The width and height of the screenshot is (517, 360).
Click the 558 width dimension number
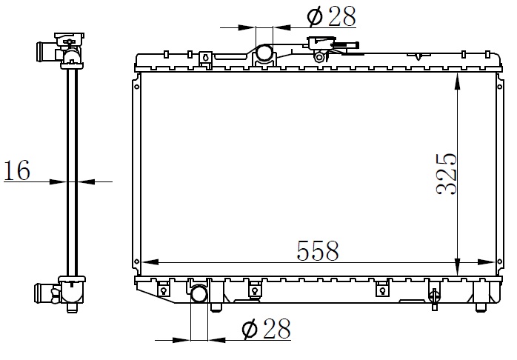pos(318,251)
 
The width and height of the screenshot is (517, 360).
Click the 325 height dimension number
pos(447,174)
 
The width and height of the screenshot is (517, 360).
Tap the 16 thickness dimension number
pos(17,170)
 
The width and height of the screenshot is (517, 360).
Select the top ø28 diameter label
pos(331,16)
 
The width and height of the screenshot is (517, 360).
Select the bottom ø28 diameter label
pos(267,329)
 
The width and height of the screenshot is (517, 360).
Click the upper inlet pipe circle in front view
pos(264,53)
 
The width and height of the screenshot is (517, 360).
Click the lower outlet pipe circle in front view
pos(199,294)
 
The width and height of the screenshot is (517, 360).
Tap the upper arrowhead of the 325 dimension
pos(457,81)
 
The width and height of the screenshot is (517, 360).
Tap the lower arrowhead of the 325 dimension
pos(457,267)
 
